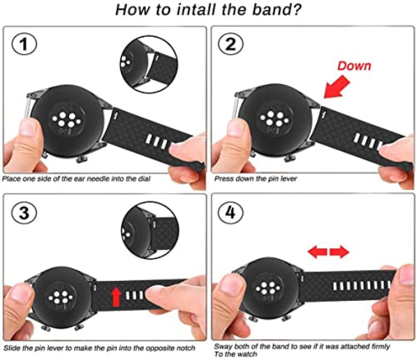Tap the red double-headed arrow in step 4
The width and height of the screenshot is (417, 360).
coord(329,252)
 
